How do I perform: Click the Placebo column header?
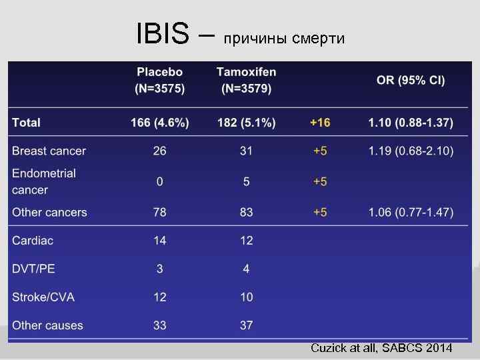coord(160,79)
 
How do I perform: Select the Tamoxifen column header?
coord(246,79)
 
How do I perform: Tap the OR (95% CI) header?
coord(411,80)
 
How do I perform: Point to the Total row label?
coord(27,123)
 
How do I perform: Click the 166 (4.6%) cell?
coord(160,123)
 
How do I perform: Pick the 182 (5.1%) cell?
coord(246,123)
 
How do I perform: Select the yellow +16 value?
coord(320,123)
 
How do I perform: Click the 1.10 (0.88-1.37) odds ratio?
coord(411,123)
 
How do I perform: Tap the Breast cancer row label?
coord(49,151)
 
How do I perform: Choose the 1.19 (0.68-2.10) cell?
coord(411,151)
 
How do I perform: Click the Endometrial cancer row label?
coord(44,181)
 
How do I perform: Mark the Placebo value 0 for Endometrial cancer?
coord(160,181)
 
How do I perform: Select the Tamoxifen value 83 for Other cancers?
coord(246,213)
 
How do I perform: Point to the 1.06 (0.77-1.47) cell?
coord(411,213)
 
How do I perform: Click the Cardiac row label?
coord(33,241)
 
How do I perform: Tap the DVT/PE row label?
coord(34,269)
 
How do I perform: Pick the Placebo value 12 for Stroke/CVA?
coord(160,297)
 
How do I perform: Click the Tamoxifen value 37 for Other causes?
coord(246,325)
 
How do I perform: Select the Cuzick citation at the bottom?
coord(381,348)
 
